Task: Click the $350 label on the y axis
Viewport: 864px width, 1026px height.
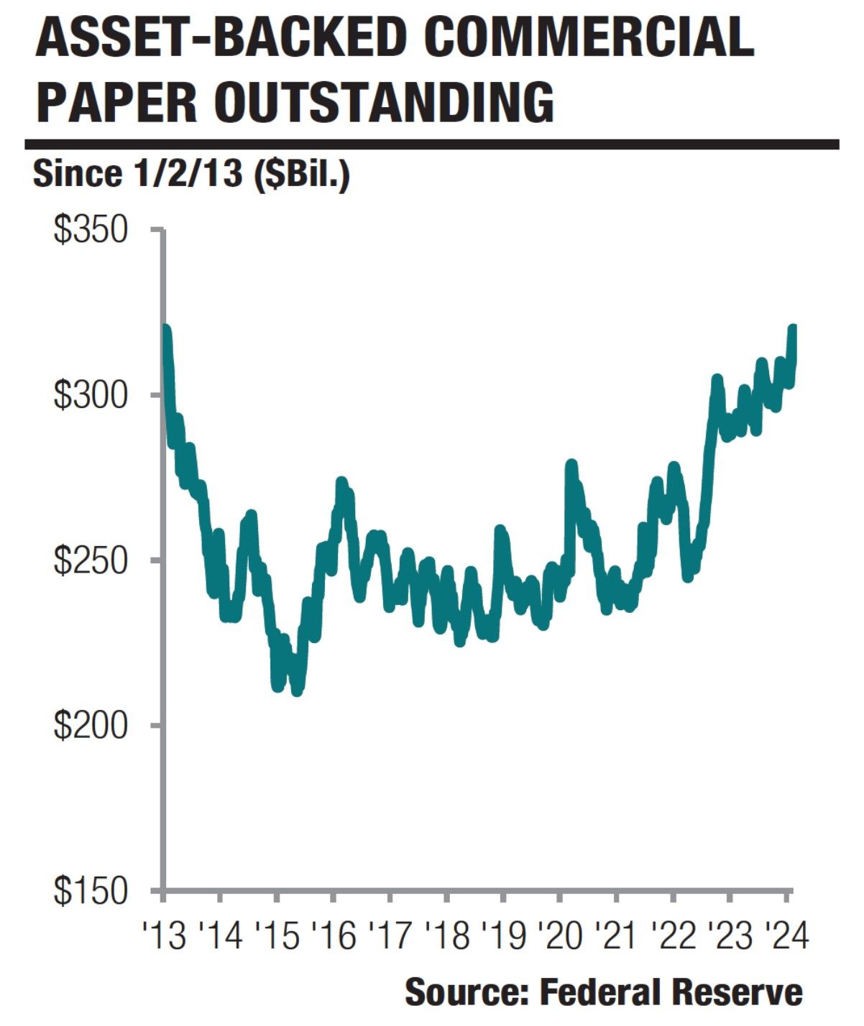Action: (91, 231)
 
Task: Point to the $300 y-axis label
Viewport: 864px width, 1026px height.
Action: (91, 396)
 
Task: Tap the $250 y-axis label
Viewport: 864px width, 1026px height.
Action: (91, 560)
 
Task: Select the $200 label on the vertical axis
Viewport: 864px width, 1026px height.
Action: (91, 726)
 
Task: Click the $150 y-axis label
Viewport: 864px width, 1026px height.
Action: (91, 891)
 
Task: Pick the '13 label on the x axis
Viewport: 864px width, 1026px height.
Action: (165, 936)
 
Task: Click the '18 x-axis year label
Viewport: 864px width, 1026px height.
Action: (448, 936)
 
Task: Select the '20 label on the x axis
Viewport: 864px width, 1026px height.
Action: (561, 936)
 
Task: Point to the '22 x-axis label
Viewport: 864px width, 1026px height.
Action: (674, 936)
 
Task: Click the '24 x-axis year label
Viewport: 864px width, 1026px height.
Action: (786, 936)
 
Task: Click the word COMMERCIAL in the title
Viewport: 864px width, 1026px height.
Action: (589, 39)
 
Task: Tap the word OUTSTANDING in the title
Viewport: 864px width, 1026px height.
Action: (384, 103)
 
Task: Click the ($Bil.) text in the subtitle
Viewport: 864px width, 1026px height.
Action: (301, 175)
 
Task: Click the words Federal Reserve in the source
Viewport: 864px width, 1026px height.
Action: (671, 993)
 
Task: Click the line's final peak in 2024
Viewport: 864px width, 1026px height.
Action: (794, 329)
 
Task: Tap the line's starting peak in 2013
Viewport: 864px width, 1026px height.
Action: (166, 329)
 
